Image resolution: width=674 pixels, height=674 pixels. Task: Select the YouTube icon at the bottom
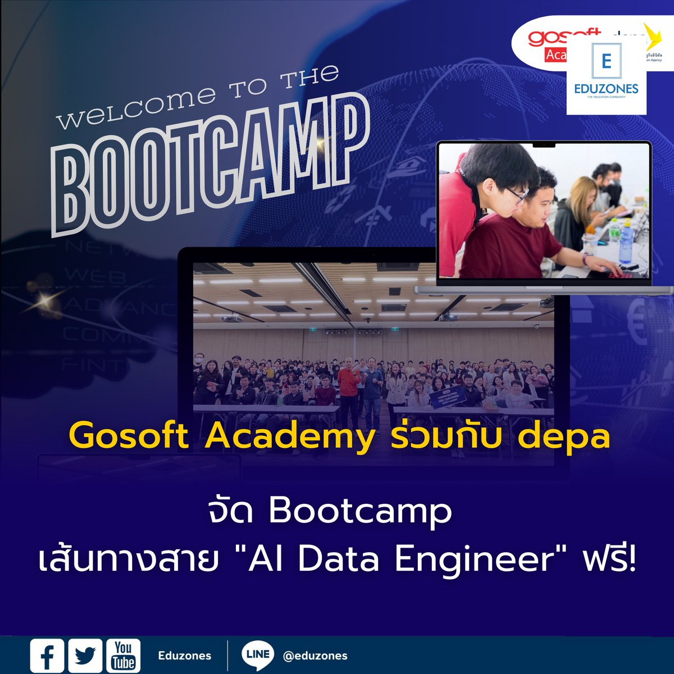[123, 655]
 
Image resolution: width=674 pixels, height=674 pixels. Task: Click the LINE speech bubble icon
[258, 655]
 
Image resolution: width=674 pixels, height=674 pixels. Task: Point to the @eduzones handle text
[315, 656]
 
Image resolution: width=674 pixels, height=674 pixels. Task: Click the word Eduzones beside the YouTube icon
[185, 655]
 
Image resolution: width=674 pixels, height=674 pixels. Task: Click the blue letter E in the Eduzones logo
[605, 61]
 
